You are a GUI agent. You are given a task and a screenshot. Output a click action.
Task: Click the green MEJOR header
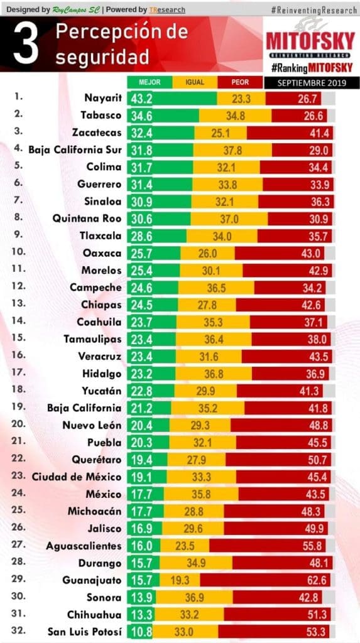click(x=150, y=82)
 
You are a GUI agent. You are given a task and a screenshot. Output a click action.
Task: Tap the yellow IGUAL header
click(x=195, y=82)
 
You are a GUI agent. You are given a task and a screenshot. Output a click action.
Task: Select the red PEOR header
click(x=240, y=82)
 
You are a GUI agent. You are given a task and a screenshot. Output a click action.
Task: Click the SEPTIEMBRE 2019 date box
click(x=312, y=83)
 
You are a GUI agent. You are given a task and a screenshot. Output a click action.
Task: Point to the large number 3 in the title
click(x=26, y=45)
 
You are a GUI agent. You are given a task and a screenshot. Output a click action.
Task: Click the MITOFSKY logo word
click(x=310, y=41)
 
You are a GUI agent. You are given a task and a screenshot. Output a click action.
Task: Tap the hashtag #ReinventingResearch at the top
click(x=314, y=10)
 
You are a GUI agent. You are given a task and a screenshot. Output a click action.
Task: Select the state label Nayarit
click(x=103, y=98)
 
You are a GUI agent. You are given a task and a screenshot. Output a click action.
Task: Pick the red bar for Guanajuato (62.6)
click(x=265, y=580)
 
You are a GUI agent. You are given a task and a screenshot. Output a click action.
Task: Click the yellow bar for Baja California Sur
click(x=232, y=150)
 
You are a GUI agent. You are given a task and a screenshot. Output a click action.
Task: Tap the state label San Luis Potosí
click(x=85, y=632)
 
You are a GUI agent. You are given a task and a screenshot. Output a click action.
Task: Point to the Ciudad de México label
click(x=77, y=477)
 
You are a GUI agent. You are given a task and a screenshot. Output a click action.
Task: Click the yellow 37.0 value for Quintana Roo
click(x=229, y=219)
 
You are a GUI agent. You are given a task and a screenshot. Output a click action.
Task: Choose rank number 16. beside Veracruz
click(x=18, y=355)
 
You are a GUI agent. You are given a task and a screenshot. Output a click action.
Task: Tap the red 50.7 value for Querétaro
click(x=317, y=460)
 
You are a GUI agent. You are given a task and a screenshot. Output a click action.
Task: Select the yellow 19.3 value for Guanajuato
click(x=180, y=580)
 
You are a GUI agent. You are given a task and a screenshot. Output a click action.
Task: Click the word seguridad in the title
click(x=102, y=58)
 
